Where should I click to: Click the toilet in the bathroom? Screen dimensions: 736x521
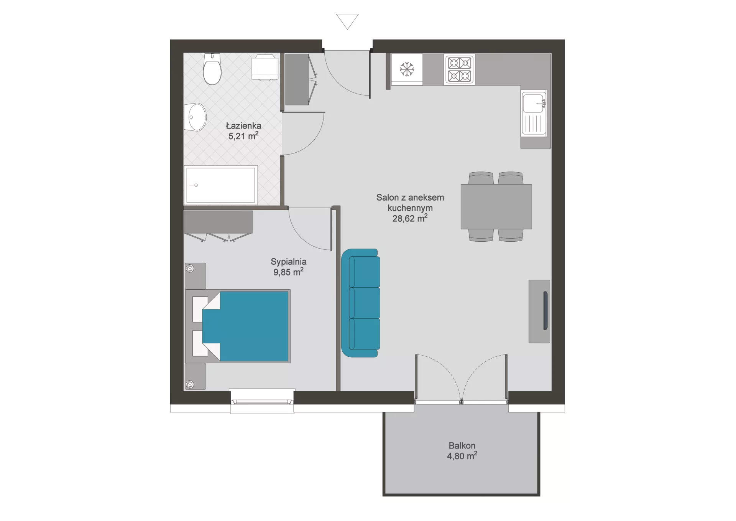212,69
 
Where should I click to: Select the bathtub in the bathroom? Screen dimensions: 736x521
221,185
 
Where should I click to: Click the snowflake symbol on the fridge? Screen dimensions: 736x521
407,69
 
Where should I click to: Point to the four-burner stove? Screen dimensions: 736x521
459,69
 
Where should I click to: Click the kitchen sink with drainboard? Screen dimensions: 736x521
534,113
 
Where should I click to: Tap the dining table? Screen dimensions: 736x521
496,206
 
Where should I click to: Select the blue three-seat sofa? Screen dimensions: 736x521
361,303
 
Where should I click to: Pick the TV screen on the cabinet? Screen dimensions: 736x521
545,311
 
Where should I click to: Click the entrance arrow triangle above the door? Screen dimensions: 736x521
347,21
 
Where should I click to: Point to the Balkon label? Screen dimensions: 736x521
462,445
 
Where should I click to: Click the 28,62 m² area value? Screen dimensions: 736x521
410,218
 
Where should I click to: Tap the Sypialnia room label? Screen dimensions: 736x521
289,262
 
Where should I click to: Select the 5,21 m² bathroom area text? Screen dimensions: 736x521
243,136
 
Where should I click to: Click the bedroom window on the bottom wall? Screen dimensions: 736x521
262,401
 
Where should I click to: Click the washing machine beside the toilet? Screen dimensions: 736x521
265,68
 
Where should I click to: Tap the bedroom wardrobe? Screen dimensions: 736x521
218,226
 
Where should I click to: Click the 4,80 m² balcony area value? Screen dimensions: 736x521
462,456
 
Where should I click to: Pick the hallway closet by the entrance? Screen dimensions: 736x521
301,79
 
